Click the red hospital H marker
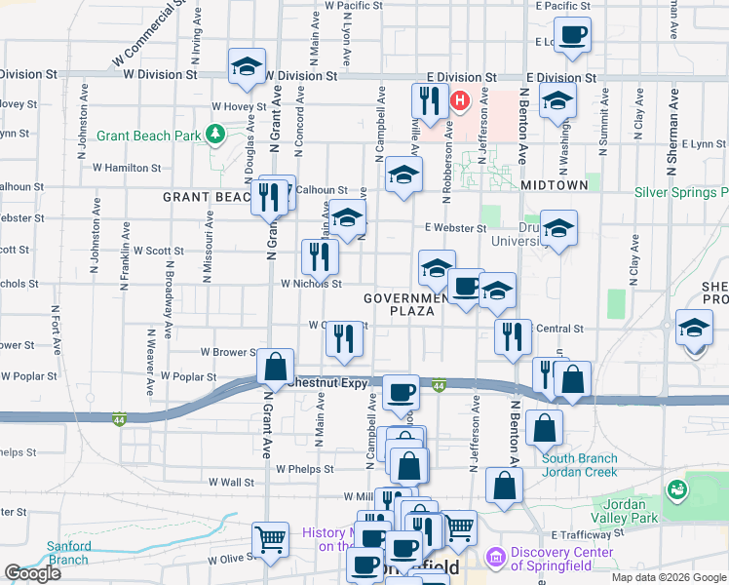pos(458,98)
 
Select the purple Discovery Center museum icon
pos(495,558)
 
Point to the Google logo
pos(32,573)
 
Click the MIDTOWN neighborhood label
pos(554,184)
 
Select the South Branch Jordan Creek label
pos(579,465)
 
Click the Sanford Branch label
pos(68,553)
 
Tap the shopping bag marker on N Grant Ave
pos(276,368)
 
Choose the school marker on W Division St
pos(247,67)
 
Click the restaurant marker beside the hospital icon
pos(429,99)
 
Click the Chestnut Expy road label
pos(331,383)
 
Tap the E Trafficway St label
pos(586,534)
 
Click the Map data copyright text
pos(668,577)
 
